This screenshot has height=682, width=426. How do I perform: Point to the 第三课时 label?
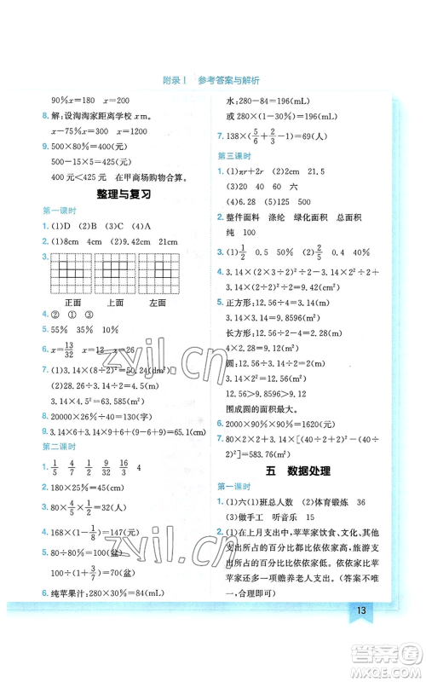[233, 155]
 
